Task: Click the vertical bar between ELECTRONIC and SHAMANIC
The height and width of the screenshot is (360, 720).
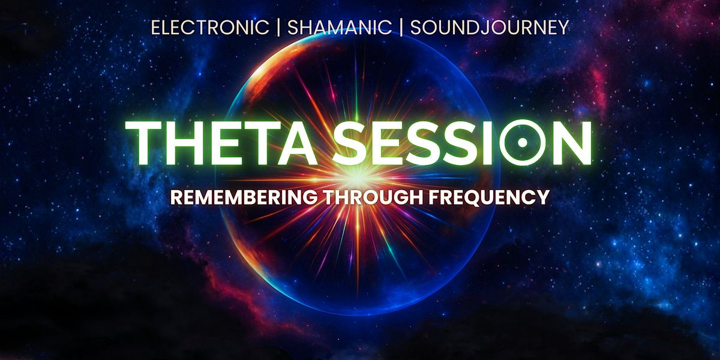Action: (278, 28)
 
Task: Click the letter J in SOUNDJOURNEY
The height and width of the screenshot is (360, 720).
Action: (481, 28)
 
